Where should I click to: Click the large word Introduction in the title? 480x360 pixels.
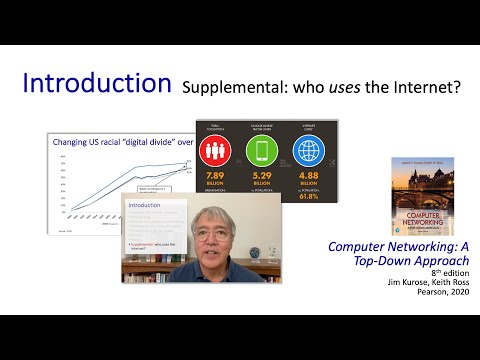(x=95, y=84)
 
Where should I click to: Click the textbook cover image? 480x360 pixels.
(x=418, y=196)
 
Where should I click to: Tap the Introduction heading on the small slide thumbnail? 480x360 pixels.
(x=146, y=204)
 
